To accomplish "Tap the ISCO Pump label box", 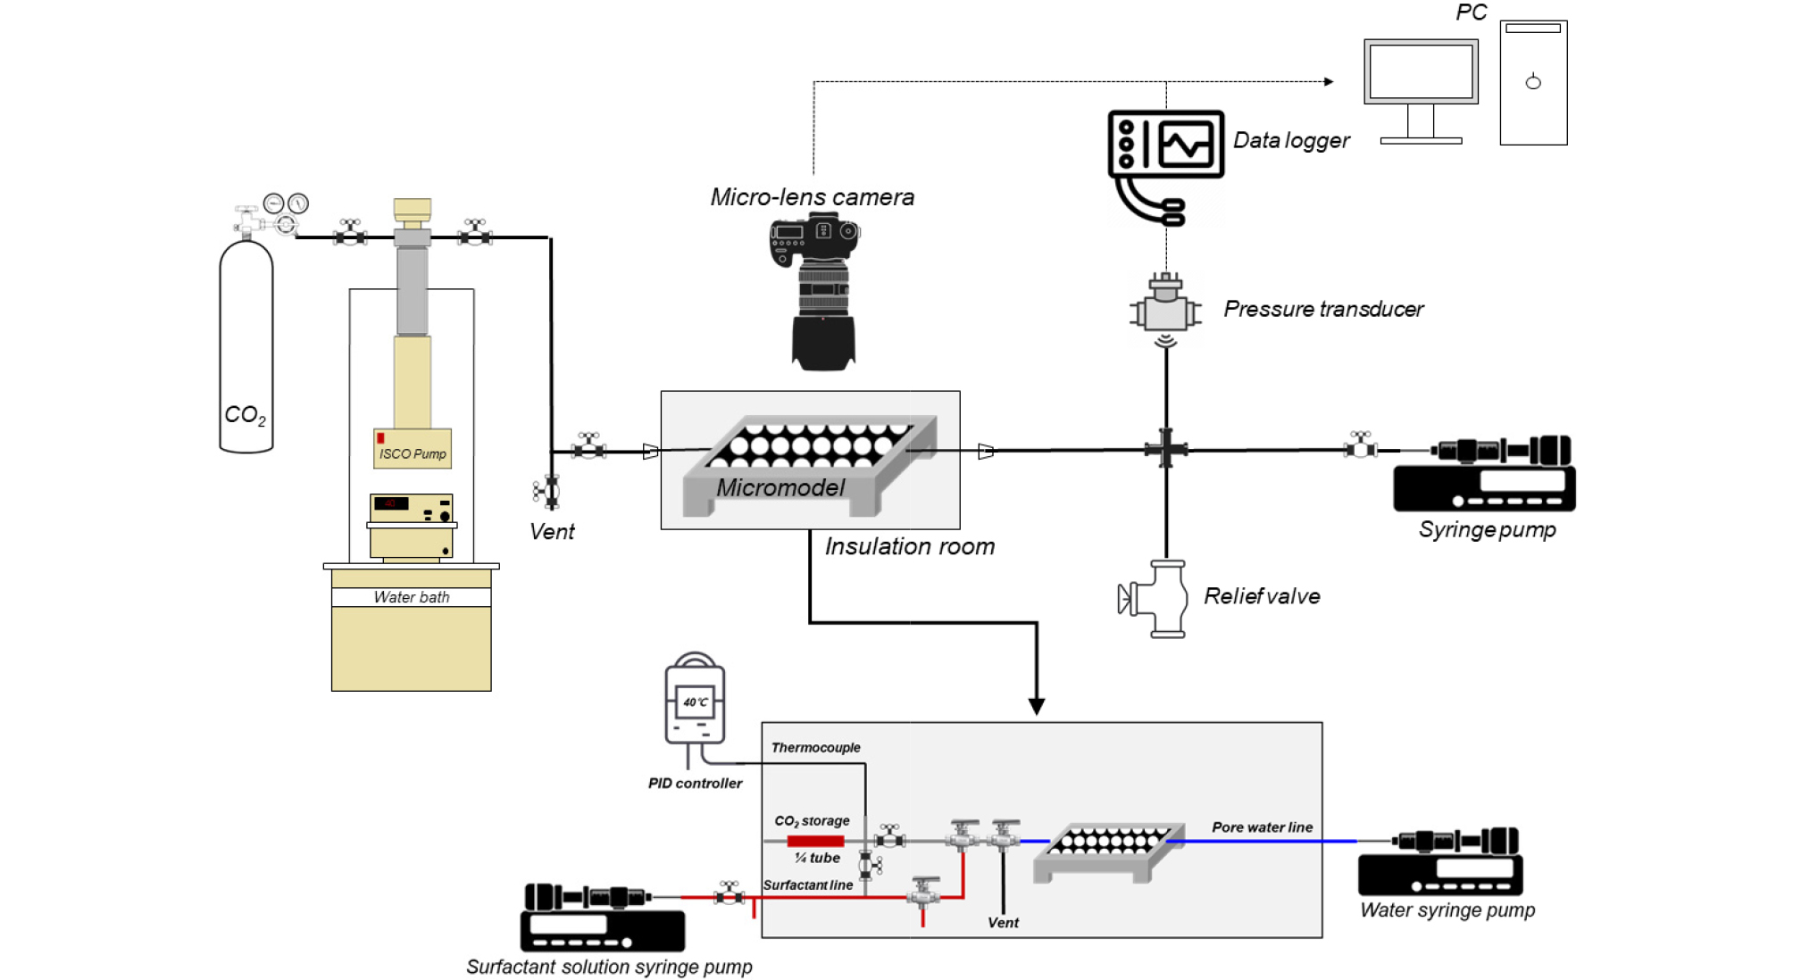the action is tap(412, 448).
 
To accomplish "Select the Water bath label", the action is tap(412, 597).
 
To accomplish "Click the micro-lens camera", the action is tap(815, 292).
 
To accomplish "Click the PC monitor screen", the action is tap(1421, 71).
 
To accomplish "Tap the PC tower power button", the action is tap(1533, 82).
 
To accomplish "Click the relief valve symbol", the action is tap(1154, 599).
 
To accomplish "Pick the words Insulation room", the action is tap(909, 546).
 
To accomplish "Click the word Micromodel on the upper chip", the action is tap(780, 487).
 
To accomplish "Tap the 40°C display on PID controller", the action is tap(696, 702).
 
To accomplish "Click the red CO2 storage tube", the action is tap(815, 841).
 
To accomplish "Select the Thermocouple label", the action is tap(816, 747).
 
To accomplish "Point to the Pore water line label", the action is tap(1262, 827).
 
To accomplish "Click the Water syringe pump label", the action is tap(1447, 909).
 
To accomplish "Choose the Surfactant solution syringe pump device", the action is tap(603, 918).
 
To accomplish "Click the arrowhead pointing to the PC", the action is tap(1329, 81).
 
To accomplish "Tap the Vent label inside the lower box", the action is tap(1003, 922).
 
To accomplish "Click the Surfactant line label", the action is tap(807, 884).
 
